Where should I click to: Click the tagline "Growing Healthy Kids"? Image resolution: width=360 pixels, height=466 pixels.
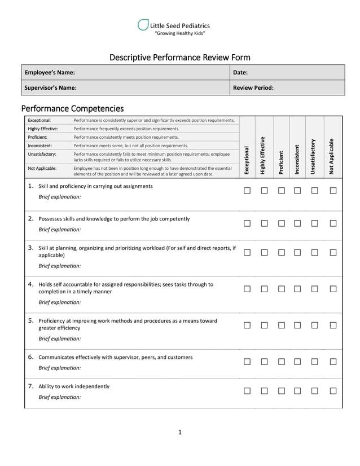tap(179, 34)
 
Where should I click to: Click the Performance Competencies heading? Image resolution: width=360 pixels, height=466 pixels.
tap(72, 108)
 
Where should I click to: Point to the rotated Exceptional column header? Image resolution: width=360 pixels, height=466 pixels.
tap(247, 160)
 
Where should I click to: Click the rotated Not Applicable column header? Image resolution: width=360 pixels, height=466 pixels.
tap(332, 156)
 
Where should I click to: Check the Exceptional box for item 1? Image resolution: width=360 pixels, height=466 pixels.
tap(247, 191)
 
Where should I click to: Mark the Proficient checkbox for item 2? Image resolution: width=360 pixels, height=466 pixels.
tap(282, 223)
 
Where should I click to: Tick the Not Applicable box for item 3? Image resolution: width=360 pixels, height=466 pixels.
tap(333, 252)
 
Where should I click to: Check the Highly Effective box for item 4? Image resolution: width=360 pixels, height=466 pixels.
tap(264, 289)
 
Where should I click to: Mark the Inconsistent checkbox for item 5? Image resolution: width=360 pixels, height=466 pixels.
tap(297, 326)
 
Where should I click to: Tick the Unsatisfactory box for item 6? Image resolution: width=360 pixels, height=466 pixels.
tap(315, 362)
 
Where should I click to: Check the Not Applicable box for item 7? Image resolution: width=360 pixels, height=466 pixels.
tap(333, 391)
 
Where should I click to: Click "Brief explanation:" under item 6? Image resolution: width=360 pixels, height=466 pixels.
tap(59, 368)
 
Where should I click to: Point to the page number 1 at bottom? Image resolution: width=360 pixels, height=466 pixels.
tap(179, 432)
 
